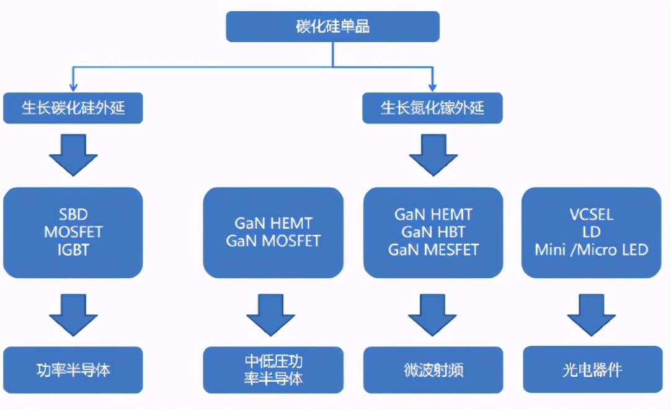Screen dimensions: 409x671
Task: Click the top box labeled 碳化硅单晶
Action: coord(332,27)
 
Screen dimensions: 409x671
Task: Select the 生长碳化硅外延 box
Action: coord(73,108)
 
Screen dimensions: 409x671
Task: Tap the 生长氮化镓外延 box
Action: coord(432,108)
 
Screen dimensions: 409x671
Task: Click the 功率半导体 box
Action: coord(73,370)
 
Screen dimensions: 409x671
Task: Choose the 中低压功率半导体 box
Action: coord(273,370)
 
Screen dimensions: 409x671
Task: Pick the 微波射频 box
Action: coord(433,370)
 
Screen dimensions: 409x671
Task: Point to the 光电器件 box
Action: coord(592,370)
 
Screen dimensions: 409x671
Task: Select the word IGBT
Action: coord(73,250)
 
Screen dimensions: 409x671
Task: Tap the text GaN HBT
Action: coord(433,232)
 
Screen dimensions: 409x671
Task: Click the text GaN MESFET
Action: coord(433,250)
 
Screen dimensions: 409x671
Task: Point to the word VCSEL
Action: coord(592,215)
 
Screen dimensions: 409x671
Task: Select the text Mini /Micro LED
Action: coord(592,250)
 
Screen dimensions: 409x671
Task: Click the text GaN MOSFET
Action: coord(273,241)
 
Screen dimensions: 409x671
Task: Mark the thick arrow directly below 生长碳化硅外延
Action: coord(73,155)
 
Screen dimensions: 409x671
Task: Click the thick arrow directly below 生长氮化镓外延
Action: coord(432,155)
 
